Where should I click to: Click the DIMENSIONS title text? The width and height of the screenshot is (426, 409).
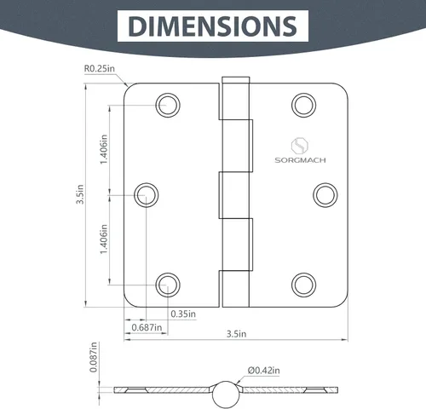(x=212, y=26)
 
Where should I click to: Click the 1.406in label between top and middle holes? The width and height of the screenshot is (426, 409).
(x=104, y=148)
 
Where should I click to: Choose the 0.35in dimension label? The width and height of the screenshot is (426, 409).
(x=181, y=314)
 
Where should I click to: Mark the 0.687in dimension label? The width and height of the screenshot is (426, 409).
(x=146, y=327)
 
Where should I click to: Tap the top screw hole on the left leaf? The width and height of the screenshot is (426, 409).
(x=169, y=105)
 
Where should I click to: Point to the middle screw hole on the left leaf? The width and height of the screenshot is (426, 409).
(x=146, y=194)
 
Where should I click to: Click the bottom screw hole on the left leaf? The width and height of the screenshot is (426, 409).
(x=169, y=284)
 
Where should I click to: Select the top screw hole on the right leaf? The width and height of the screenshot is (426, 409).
(x=302, y=105)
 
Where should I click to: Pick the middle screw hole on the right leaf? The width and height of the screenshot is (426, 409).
(x=325, y=194)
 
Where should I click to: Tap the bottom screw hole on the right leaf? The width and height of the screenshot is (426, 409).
(x=302, y=284)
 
